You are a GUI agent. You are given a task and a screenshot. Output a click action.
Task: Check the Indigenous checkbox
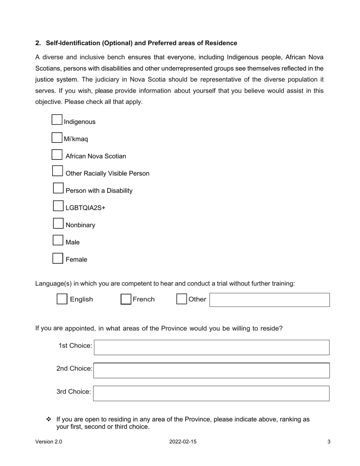(x=57, y=120)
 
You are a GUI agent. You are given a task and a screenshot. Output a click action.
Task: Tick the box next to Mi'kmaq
(x=57, y=137)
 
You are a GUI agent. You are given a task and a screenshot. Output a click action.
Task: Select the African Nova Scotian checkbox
(x=57, y=155)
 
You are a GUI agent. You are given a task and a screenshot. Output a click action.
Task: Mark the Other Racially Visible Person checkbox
(x=57, y=171)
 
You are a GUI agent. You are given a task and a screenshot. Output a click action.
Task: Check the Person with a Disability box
(x=58, y=188)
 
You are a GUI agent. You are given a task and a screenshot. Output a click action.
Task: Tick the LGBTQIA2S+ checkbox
(x=58, y=206)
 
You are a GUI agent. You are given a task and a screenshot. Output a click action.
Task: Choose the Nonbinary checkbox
(x=58, y=223)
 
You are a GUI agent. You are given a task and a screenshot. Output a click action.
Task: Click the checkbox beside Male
(x=58, y=240)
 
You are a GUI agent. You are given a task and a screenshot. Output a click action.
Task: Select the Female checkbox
(x=58, y=258)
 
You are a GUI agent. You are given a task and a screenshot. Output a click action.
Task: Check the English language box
(x=62, y=299)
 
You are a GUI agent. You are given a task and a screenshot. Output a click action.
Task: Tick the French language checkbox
(x=126, y=299)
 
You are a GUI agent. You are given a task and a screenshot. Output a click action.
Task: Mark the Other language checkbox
(x=182, y=299)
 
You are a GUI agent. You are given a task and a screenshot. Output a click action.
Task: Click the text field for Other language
(x=269, y=300)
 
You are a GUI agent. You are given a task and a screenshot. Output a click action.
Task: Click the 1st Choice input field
(x=211, y=347)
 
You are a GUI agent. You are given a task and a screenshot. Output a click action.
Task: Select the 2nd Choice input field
(x=211, y=371)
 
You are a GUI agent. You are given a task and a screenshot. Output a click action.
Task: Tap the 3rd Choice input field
(x=211, y=393)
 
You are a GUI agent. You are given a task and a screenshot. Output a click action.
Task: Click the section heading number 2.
(x=38, y=43)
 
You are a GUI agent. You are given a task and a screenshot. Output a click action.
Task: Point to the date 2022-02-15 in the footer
(x=183, y=442)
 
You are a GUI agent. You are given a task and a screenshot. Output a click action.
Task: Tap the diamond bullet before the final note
(x=49, y=419)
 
